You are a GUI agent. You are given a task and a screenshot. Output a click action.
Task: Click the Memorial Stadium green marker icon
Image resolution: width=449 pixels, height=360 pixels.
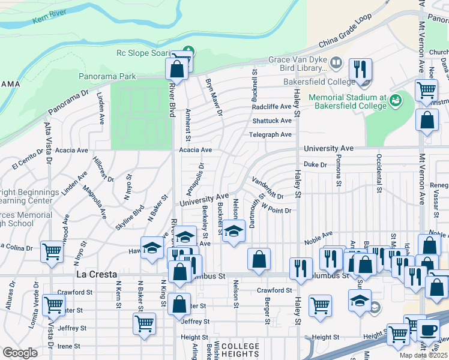tap(395, 100)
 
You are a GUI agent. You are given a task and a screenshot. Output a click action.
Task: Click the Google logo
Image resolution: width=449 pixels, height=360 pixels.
tap(20, 353)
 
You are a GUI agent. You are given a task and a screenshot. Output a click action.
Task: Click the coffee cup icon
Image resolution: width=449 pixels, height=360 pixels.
tap(429, 329)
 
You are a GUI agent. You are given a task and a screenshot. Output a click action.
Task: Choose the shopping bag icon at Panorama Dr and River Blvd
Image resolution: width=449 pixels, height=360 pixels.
tap(177, 68)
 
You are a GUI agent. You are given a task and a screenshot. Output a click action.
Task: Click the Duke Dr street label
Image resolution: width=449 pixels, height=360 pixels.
tap(315, 164)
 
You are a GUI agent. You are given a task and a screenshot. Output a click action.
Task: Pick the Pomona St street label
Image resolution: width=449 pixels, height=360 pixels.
tap(340, 173)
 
